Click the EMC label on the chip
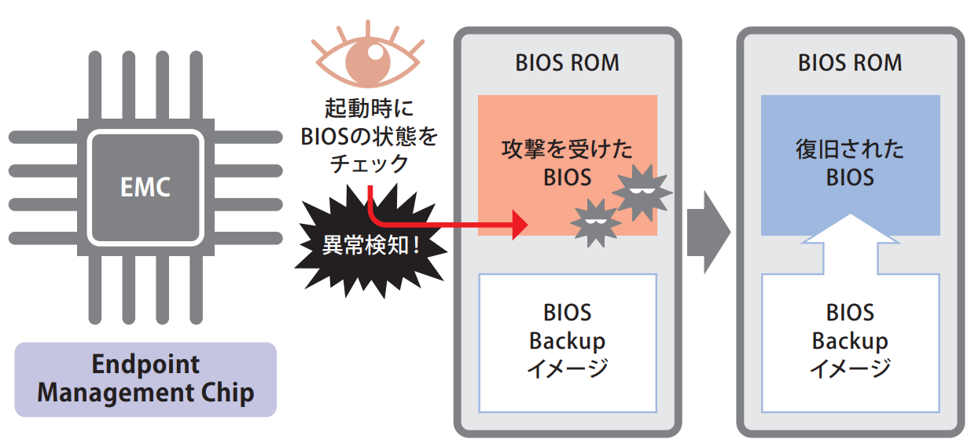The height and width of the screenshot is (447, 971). coord(145,188)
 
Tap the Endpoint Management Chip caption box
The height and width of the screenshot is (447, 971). coord(145,379)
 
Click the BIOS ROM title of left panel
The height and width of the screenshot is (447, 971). coord(567,63)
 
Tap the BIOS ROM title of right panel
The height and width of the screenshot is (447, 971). coord(850,63)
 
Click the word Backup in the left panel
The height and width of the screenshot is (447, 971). coord(567,341)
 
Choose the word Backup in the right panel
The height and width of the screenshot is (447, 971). coord(850,341)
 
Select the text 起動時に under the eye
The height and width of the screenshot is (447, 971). coord(369,108)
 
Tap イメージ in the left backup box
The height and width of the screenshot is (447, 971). coord(567,368)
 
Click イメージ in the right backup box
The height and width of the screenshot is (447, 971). coord(850,368)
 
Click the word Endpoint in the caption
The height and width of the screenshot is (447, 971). coord(145,365)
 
